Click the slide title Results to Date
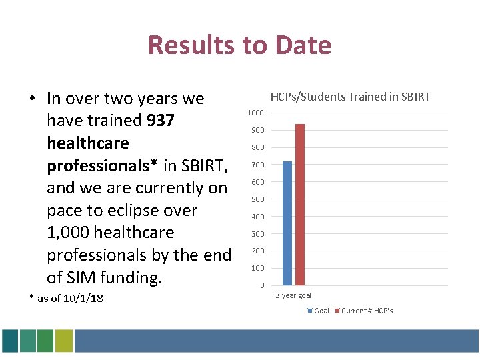[x=239, y=45]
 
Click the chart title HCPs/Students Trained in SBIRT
[x=350, y=97]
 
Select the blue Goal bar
[x=287, y=223]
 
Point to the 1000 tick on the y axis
[x=256, y=113]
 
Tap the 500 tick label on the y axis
[x=258, y=199]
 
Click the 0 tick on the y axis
[x=261, y=286]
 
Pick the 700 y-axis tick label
[x=258, y=165]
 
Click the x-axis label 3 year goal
[x=293, y=295]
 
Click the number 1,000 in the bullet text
[x=68, y=233]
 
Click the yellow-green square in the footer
[x=63, y=341]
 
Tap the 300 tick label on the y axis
[x=258, y=234]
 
